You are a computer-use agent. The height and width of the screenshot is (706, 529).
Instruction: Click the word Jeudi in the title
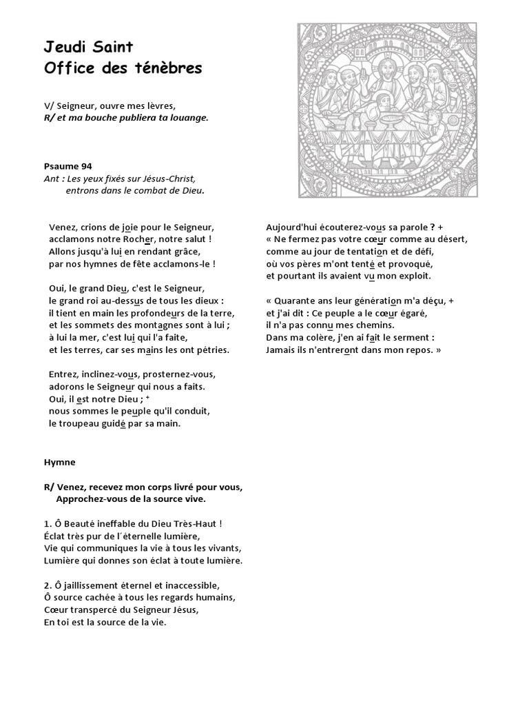tap(64, 48)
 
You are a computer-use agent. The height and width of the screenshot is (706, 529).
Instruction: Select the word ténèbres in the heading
tap(173, 68)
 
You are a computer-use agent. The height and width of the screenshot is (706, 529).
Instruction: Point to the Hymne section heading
tap(59, 462)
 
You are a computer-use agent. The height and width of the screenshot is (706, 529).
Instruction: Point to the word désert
tap(452, 239)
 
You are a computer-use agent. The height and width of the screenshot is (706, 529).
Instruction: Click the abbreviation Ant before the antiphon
tap(50, 179)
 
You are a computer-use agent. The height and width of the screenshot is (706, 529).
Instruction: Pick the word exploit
tap(414, 276)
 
